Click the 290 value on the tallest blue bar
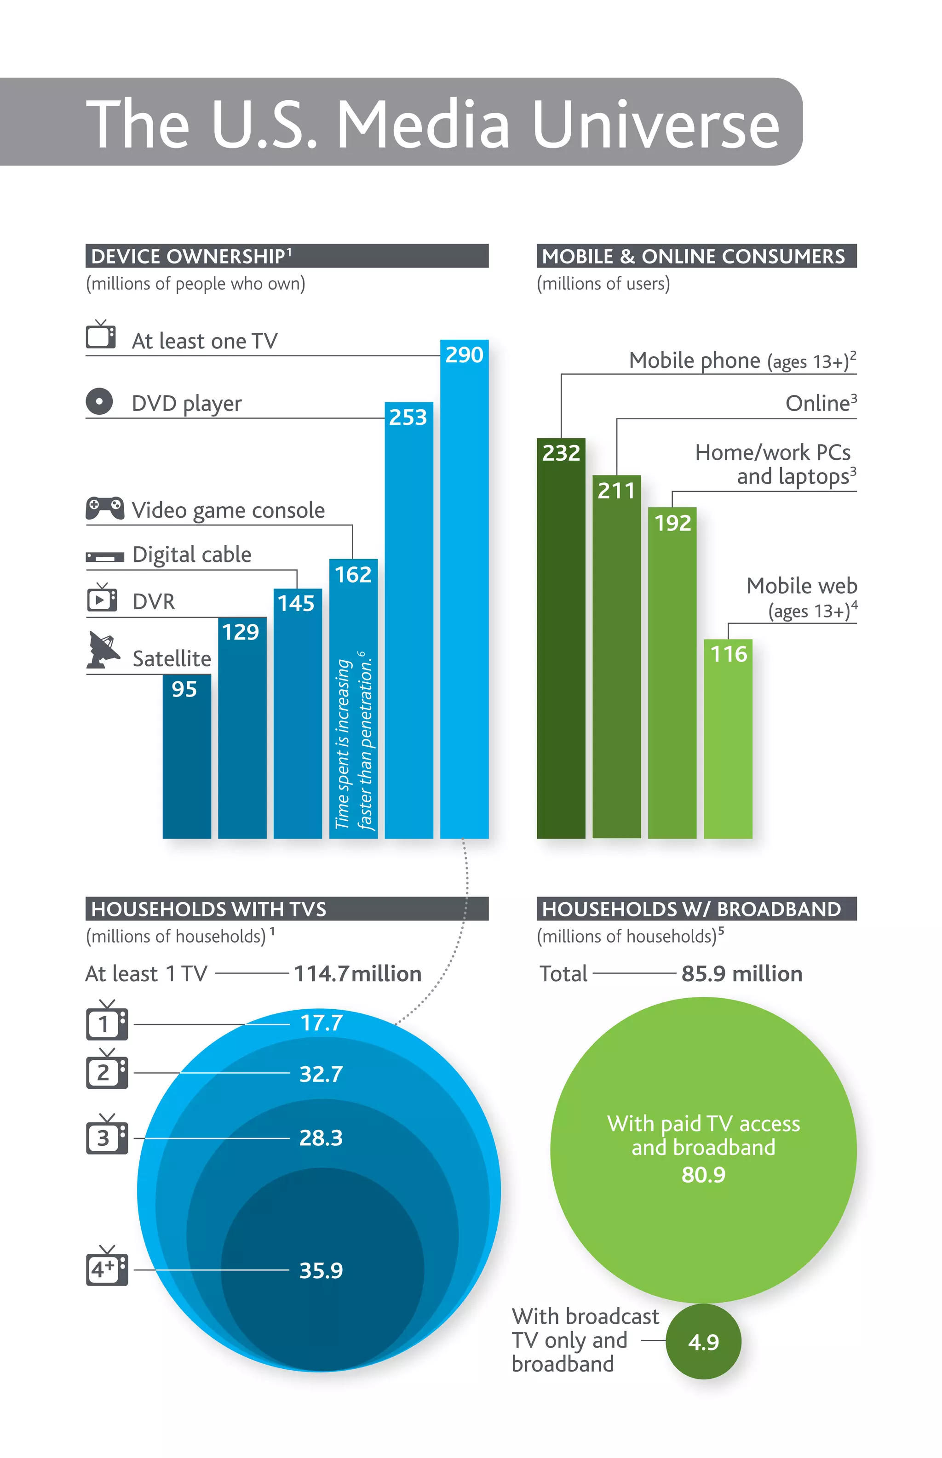point(464,355)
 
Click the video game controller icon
point(104,508)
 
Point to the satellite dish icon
point(103,650)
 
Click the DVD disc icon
point(99,402)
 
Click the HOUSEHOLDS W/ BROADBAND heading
point(691,909)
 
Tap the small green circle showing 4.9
point(703,1342)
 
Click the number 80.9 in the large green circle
point(703,1174)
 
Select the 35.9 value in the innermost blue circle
point(321,1270)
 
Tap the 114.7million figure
point(357,974)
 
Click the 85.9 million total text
point(741,974)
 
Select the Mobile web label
point(801,586)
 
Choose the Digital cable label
point(191,555)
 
